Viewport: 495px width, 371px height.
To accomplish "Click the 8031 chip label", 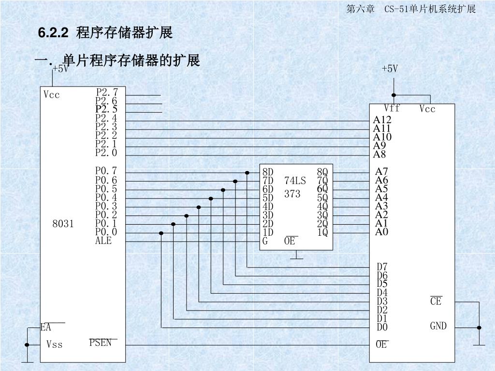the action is (x=63, y=224).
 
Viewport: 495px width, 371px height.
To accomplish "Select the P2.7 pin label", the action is (x=107, y=92).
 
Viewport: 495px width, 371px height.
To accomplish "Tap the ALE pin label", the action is (x=103, y=241).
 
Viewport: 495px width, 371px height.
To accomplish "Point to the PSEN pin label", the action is (x=100, y=342).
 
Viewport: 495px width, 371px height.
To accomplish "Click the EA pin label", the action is (x=46, y=328).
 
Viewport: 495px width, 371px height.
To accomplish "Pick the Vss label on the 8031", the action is (x=55, y=344).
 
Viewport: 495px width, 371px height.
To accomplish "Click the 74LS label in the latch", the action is (x=295, y=181).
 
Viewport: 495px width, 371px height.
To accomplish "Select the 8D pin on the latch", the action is (x=268, y=172).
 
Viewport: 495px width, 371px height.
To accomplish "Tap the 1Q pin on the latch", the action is (x=322, y=232).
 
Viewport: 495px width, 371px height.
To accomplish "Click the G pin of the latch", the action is (x=265, y=241).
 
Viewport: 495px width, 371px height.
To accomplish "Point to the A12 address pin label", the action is (x=382, y=120).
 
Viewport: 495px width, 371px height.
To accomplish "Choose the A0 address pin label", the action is (x=382, y=232).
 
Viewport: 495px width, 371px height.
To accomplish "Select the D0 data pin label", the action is (x=382, y=328).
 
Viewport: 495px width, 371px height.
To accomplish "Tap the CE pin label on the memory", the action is (x=436, y=301).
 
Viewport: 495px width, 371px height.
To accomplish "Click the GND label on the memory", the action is (x=438, y=326).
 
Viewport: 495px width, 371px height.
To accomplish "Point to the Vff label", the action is (x=392, y=107).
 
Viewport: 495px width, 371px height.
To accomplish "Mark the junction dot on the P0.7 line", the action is (x=247, y=172).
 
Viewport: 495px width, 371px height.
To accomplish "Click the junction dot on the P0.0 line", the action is (x=161, y=233).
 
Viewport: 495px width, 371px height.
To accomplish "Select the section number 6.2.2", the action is (x=53, y=33).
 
